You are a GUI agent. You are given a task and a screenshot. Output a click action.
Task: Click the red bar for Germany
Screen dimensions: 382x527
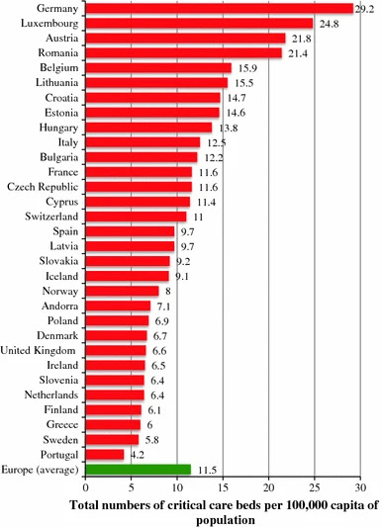coord(220,8)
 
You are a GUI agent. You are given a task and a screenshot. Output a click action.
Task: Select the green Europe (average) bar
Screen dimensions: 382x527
coord(139,470)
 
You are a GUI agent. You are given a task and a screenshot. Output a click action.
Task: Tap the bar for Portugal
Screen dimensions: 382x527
coord(105,455)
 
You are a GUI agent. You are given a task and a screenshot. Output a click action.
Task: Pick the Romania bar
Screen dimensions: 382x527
coord(184,52)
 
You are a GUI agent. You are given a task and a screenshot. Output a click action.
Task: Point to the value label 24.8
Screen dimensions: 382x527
coord(329,24)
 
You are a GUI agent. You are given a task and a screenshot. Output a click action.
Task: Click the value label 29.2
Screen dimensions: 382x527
coord(364,9)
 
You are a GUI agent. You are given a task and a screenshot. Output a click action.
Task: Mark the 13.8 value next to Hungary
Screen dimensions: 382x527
coord(229,129)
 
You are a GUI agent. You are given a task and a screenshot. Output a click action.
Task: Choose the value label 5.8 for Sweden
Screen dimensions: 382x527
coord(152,440)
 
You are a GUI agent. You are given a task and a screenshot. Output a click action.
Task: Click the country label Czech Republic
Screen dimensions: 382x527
coord(43,187)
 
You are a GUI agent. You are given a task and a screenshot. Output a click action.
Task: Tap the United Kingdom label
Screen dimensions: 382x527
coord(38,351)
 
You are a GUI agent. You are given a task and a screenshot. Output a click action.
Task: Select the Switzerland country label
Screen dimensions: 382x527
coord(51,217)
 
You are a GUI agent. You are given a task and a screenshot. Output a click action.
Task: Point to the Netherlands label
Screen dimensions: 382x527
coord(51,395)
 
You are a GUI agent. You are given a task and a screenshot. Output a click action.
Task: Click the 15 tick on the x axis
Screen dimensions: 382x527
coord(223,487)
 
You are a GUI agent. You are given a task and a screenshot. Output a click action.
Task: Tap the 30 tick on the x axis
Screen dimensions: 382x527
coord(360,487)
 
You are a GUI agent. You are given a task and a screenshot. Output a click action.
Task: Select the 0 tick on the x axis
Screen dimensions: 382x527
coord(86,487)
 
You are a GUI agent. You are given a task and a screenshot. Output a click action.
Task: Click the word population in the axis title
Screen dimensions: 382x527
coord(226,520)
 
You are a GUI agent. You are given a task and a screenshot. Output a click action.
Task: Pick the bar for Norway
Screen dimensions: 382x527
coord(122,291)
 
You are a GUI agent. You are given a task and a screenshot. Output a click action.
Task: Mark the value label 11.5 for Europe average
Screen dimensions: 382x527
coord(207,471)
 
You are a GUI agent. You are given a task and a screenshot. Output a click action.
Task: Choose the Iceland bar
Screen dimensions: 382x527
coord(127,276)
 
